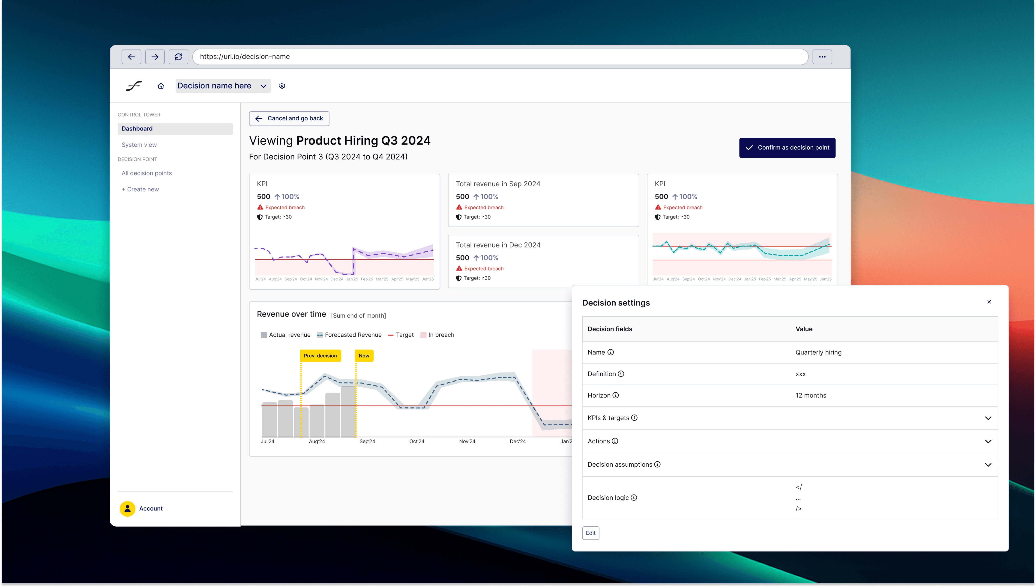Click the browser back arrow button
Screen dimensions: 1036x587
point(131,57)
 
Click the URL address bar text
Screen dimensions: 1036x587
point(245,57)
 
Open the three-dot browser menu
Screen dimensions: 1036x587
point(822,57)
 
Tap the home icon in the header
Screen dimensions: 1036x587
point(161,86)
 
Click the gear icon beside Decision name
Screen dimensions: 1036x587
point(282,86)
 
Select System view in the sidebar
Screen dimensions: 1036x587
point(139,145)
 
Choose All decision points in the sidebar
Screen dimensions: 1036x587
point(147,173)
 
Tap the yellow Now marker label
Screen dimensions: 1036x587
point(364,356)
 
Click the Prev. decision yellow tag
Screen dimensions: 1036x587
point(320,356)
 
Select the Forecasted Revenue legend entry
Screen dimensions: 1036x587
point(349,335)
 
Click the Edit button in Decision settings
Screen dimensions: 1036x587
point(591,533)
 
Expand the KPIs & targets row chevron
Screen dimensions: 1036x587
point(988,418)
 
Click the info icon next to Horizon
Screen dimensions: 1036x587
point(616,395)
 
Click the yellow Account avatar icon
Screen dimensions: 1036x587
point(128,509)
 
